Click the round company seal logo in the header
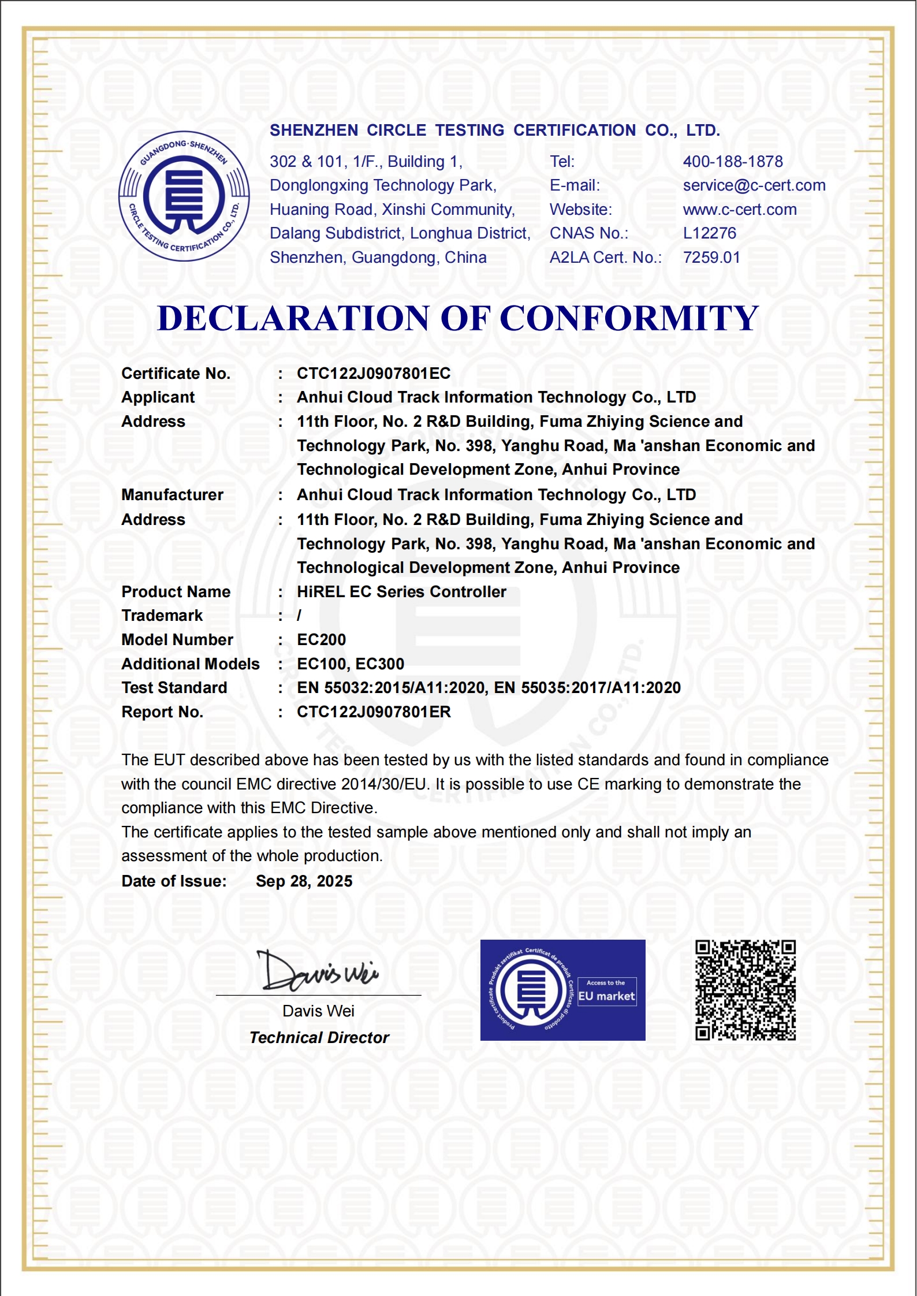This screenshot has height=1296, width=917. (184, 196)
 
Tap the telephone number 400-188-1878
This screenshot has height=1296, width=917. (733, 162)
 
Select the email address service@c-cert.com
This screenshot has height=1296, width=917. (754, 185)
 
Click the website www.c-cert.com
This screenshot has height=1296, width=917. (740, 210)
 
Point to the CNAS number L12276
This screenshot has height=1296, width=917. (710, 233)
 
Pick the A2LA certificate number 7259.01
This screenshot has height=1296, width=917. (711, 258)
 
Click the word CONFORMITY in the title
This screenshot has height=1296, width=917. (629, 318)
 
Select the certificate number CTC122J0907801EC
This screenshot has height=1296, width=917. (374, 374)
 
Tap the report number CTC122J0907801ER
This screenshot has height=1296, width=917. (374, 712)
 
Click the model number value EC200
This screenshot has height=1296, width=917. (322, 640)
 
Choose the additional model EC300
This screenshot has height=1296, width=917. (380, 664)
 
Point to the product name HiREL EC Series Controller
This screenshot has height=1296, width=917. (401, 592)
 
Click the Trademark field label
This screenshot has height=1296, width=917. (162, 616)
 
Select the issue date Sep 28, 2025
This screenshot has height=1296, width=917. (304, 881)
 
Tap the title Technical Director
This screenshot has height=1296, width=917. (319, 1038)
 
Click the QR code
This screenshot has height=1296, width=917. (745, 990)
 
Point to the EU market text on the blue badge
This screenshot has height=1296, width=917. (606, 996)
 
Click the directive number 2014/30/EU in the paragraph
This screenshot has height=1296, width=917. (385, 784)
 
